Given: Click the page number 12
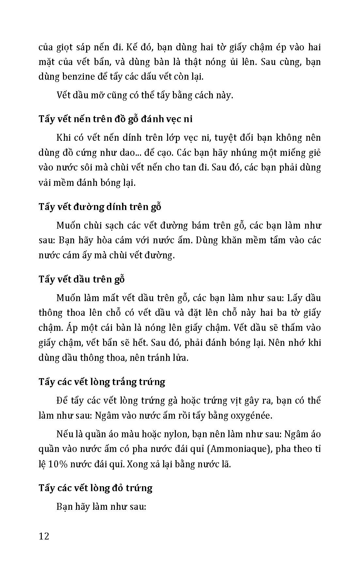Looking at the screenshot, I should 44,536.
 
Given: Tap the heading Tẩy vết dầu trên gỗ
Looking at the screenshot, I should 82,280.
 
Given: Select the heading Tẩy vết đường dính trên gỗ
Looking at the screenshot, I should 100,207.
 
